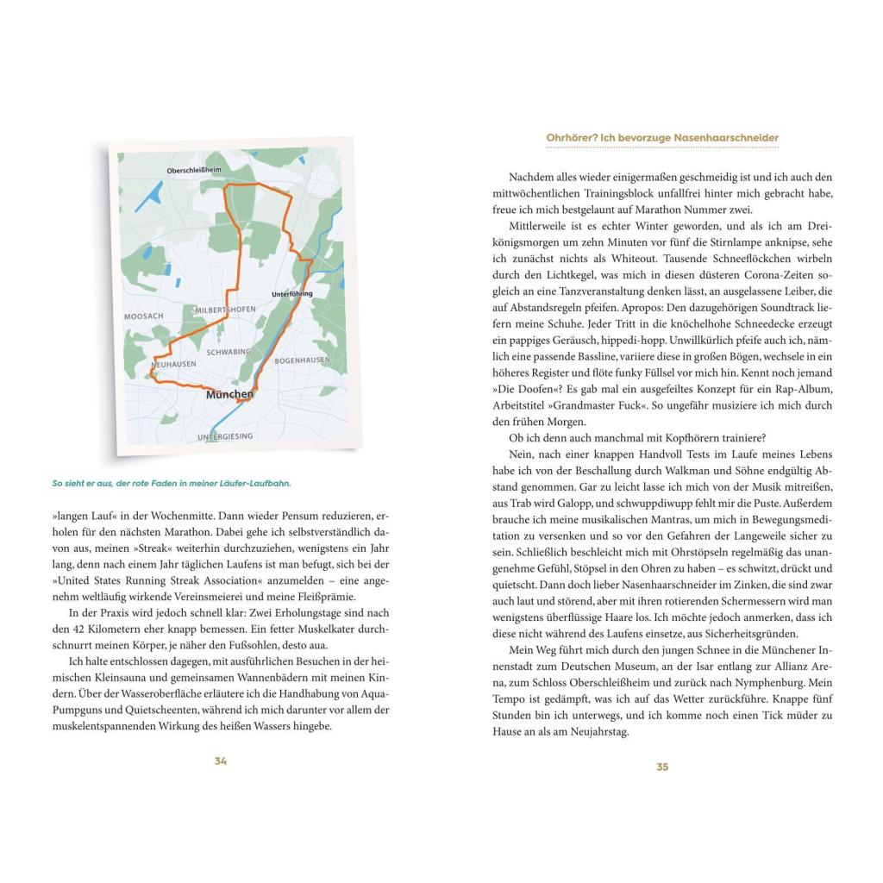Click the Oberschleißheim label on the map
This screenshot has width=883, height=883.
193,171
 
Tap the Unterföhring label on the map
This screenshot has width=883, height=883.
292,294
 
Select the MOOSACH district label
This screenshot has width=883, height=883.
143,316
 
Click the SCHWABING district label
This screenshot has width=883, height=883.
229,352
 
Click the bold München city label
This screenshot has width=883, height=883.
229,395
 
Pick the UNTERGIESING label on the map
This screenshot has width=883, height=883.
225,436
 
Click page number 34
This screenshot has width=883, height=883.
221,761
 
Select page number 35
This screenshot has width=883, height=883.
662,767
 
